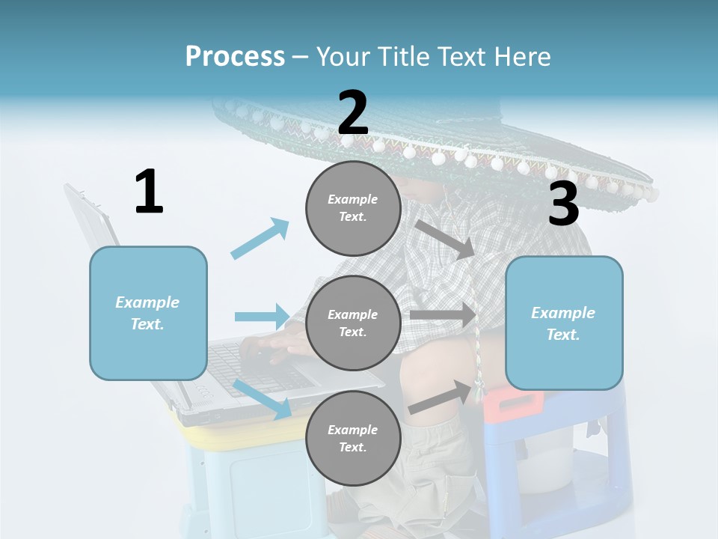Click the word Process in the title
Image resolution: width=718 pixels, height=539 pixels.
point(235,56)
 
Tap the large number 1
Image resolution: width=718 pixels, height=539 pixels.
point(149,192)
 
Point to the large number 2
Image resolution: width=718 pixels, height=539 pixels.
point(352,113)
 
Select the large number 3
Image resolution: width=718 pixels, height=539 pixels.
point(563,204)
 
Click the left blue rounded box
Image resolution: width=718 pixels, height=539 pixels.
point(148,313)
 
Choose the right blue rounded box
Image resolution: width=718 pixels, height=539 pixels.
point(564,323)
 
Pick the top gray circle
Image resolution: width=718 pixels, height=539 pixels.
point(353,208)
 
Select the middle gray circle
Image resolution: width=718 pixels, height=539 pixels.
point(353,323)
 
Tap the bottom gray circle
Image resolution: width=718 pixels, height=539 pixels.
point(353,438)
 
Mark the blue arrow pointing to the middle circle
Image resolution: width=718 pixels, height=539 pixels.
point(262,317)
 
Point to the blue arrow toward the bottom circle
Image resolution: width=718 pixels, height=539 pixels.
point(262,398)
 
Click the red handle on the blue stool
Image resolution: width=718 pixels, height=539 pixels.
point(513,402)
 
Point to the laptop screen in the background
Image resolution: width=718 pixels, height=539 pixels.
point(93,225)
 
